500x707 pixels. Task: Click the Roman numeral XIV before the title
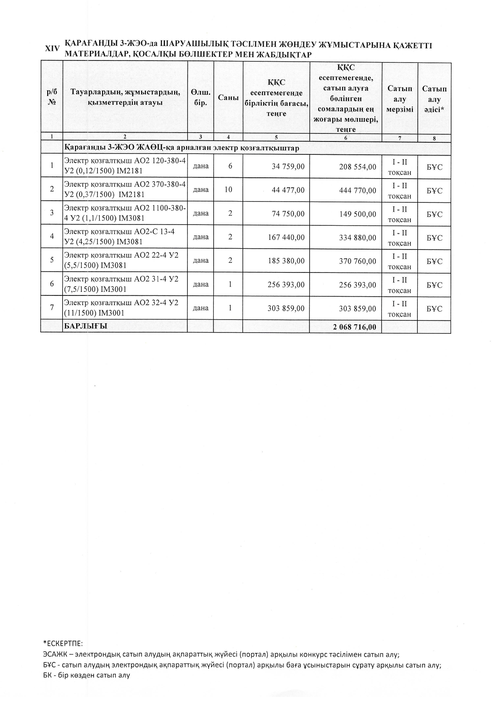52,48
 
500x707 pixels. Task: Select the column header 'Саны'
228,98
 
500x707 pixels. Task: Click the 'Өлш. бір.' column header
200,98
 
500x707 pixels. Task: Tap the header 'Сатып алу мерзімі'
400,99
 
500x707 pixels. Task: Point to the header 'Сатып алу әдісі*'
434,99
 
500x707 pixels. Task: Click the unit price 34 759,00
288,166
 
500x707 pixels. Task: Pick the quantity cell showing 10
228,189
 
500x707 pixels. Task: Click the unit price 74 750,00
288,214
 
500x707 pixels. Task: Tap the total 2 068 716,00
354,327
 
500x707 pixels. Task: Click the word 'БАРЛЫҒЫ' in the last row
85,326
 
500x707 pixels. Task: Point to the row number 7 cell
52,308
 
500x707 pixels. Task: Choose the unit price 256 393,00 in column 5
286,285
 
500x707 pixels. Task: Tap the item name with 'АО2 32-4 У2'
121,308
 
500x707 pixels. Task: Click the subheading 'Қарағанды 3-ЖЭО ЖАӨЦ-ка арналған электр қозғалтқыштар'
182,148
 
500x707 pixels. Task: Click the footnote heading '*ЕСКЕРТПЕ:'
63,643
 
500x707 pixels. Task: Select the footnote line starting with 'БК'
87,675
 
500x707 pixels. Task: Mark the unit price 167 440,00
286,237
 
